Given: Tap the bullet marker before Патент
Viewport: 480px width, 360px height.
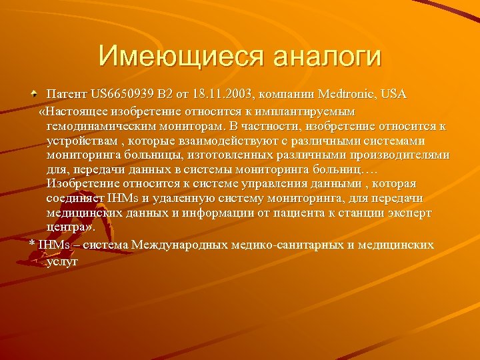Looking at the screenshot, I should coord(33,95).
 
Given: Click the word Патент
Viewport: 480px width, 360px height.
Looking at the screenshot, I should coord(67,95).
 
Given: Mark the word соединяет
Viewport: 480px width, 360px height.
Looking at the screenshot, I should coord(73,199).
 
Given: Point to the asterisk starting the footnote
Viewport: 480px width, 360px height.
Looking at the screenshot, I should coord(32,245).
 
